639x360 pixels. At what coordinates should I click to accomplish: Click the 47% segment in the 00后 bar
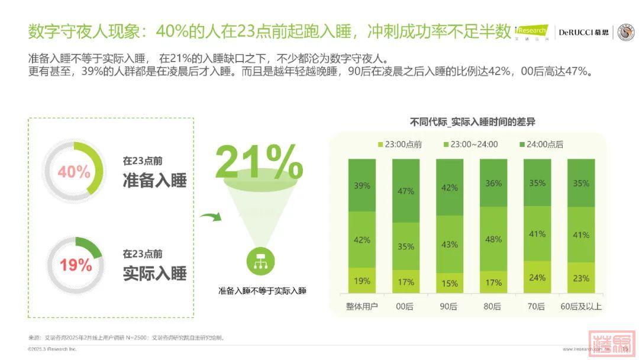click(x=406, y=191)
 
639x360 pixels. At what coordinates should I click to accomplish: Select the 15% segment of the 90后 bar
click(x=450, y=283)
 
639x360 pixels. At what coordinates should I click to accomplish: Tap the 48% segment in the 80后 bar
click(x=493, y=239)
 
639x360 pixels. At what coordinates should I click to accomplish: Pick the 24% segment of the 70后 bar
click(x=537, y=277)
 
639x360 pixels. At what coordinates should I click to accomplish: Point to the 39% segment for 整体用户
click(x=362, y=185)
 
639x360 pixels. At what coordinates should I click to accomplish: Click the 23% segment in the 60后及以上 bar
click(x=581, y=278)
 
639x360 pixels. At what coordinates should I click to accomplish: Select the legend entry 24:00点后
click(x=541, y=144)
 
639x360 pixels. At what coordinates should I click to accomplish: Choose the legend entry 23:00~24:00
click(x=470, y=144)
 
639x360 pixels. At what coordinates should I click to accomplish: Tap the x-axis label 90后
click(x=450, y=307)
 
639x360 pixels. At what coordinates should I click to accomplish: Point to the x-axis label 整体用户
click(x=362, y=307)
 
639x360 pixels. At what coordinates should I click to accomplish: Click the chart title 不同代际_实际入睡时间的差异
click(x=473, y=122)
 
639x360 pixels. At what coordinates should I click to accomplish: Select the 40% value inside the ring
click(x=74, y=172)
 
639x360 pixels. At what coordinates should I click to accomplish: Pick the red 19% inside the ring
click(x=76, y=265)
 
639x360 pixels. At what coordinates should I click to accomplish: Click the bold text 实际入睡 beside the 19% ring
click(x=155, y=273)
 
